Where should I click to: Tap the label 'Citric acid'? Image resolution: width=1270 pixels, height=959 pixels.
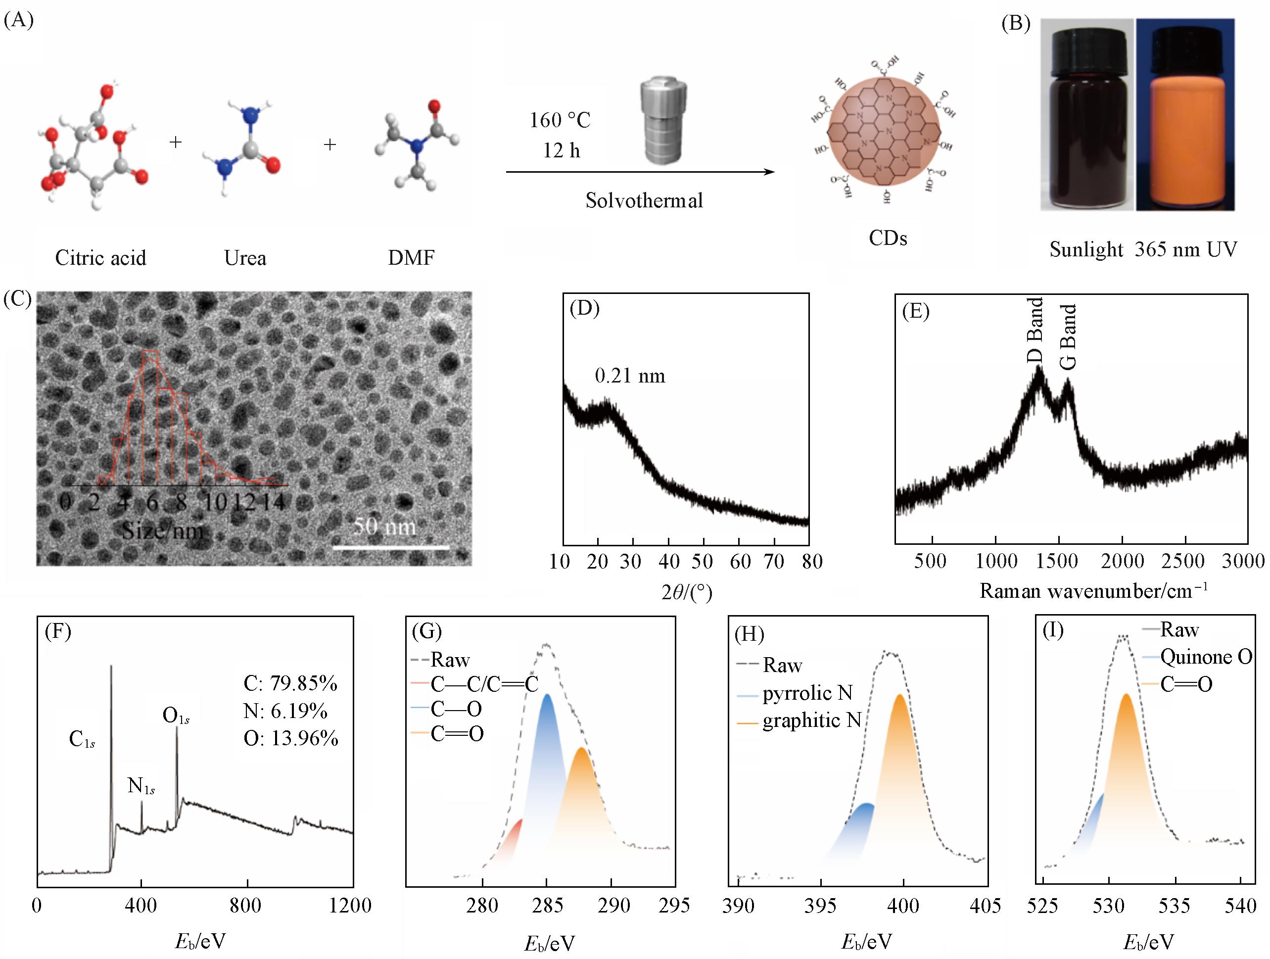pyautogui.click(x=100, y=258)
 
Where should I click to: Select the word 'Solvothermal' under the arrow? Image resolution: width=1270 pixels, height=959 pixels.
pyautogui.click(x=644, y=200)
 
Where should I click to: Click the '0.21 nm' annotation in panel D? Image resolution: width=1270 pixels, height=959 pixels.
pyautogui.click(x=630, y=376)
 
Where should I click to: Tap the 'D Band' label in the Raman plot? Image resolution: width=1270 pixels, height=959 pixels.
pyautogui.click(x=1035, y=330)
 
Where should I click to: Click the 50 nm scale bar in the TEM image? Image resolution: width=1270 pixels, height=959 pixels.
pyautogui.click(x=391, y=547)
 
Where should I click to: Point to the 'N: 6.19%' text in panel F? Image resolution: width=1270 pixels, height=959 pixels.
pyautogui.click(x=285, y=711)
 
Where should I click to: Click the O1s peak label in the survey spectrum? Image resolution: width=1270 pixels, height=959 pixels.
pyautogui.click(x=176, y=716)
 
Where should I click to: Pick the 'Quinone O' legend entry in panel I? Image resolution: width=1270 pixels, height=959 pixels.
pyautogui.click(x=1206, y=657)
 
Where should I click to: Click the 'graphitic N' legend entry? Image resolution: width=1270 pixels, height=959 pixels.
pyautogui.click(x=812, y=720)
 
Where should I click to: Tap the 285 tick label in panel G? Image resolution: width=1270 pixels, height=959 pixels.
pyautogui.click(x=547, y=906)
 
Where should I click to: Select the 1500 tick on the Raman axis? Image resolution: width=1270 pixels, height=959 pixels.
pyautogui.click(x=1058, y=561)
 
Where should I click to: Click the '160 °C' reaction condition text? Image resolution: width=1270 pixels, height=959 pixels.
pyautogui.click(x=560, y=121)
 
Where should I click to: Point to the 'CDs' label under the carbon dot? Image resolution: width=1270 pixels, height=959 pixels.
pyautogui.click(x=888, y=238)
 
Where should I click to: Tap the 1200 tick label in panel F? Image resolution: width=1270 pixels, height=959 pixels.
pyautogui.click(x=350, y=906)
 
